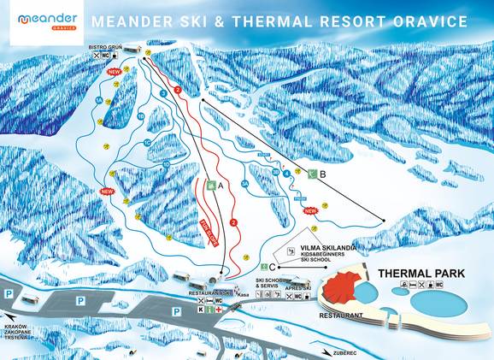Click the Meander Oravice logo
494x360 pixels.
pyautogui.click(x=47, y=21)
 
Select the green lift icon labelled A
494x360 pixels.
pyautogui.click(x=210, y=184)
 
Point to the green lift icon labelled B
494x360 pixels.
pyautogui.click(x=313, y=174)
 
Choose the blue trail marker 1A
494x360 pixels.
pyautogui.click(x=99, y=101)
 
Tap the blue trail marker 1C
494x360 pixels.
pyautogui.click(x=147, y=142)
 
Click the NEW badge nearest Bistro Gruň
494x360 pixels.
pyautogui.click(x=112, y=73)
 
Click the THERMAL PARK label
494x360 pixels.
pyautogui.click(x=420, y=273)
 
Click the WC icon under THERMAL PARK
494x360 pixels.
pyautogui.click(x=450, y=286)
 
